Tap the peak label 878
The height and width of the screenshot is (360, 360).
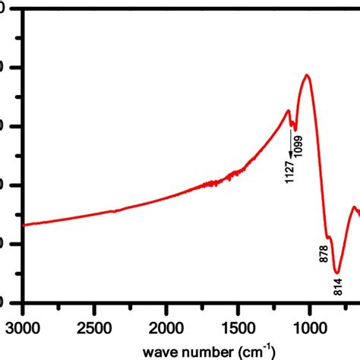point(324,254)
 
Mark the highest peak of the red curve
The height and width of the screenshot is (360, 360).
point(308,75)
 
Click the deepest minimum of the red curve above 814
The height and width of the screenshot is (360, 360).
point(336,271)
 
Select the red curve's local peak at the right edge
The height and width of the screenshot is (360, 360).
point(354,207)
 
